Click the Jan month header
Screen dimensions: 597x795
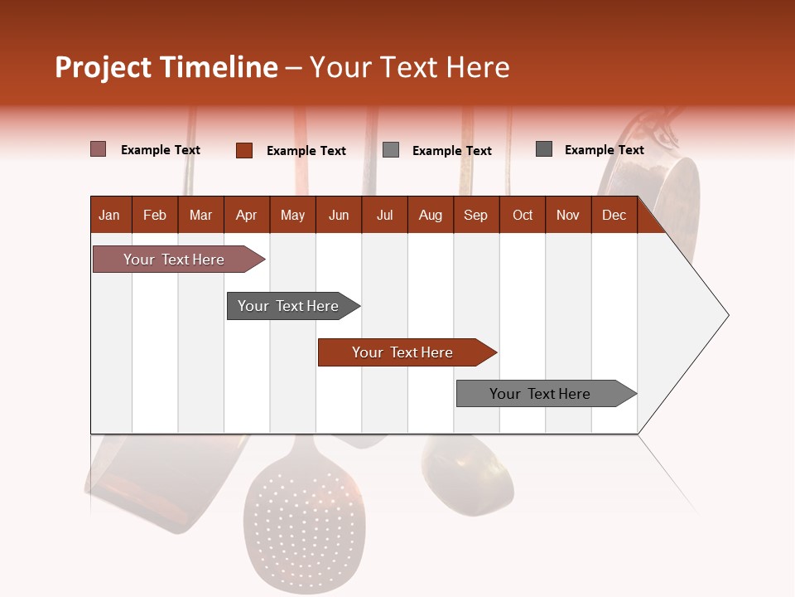pyautogui.click(x=110, y=215)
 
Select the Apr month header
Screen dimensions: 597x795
pyautogui.click(x=246, y=215)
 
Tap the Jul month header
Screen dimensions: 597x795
pyautogui.click(x=384, y=215)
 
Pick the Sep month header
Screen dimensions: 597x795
pyautogui.click(x=475, y=215)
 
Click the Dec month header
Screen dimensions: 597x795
pyautogui.click(x=614, y=215)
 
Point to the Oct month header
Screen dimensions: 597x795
pyautogui.click(x=522, y=215)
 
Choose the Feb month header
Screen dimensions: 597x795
pyautogui.click(x=155, y=215)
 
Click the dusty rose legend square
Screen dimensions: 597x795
pyautogui.click(x=98, y=149)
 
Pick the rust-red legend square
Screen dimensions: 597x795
pyautogui.click(x=243, y=150)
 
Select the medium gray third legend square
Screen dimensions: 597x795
pyautogui.click(x=391, y=150)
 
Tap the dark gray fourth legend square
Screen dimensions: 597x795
pyautogui.click(x=544, y=149)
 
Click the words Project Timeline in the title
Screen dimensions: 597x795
pyautogui.click(x=166, y=67)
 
